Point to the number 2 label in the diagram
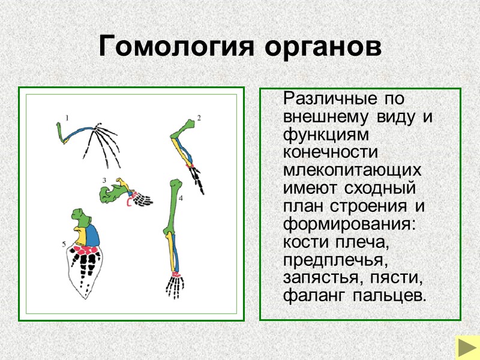click(x=199, y=117)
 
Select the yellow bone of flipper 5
click(x=79, y=236)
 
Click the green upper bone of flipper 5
click(x=79, y=217)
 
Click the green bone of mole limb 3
click(x=111, y=193)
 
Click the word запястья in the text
click(x=318, y=278)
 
